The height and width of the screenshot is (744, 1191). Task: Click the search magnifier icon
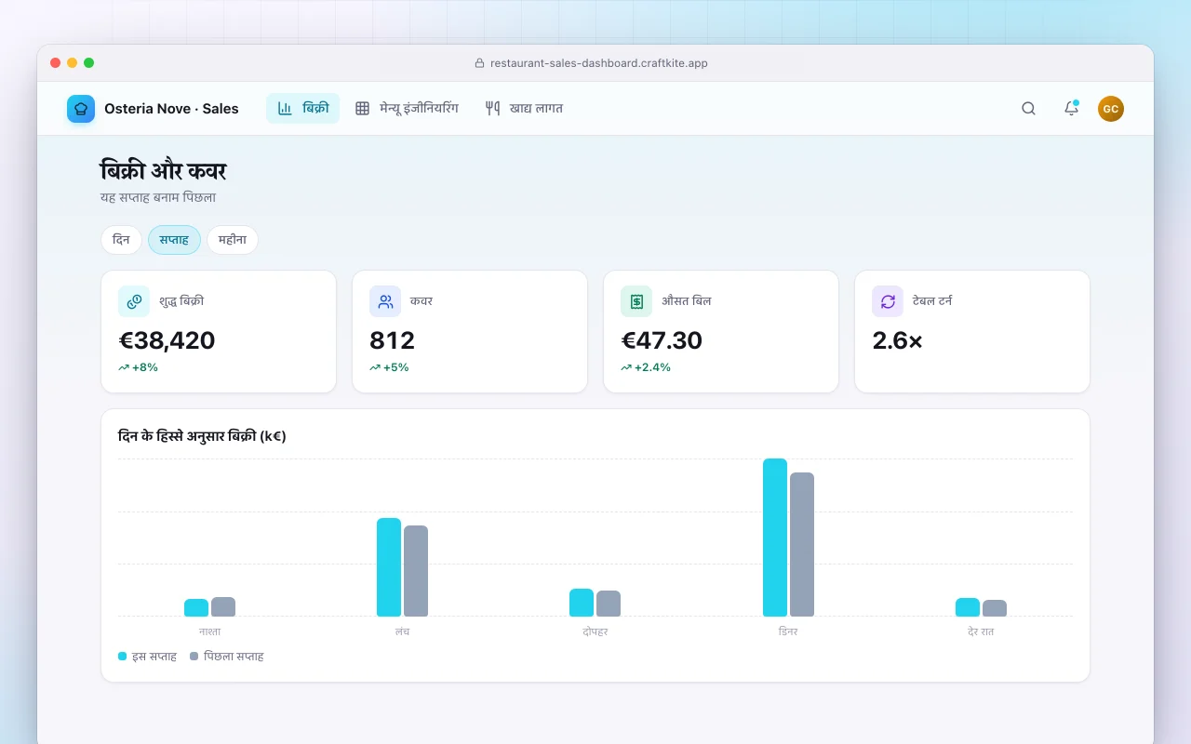click(1028, 109)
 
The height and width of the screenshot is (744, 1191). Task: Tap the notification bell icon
click(1071, 108)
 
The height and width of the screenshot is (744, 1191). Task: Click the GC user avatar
click(1111, 109)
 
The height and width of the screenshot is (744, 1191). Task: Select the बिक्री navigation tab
click(302, 109)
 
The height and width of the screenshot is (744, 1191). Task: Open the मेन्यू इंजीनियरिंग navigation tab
click(407, 109)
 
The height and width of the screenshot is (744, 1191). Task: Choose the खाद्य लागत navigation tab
click(524, 109)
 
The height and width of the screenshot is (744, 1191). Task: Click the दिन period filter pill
click(121, 240)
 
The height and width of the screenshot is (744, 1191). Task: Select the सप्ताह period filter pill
click(174, 240)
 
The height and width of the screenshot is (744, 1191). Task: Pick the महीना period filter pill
click(233, 240)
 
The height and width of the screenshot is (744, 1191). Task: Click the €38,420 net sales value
click(167, 340)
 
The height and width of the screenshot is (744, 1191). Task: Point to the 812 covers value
click(392, 340)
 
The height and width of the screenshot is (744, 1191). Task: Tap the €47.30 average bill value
click(662, 340)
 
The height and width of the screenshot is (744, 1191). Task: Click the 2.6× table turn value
click(897, 340)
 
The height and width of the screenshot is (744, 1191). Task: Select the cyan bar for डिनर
click(775, 538)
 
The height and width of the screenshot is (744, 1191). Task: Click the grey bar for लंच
click(416, 571)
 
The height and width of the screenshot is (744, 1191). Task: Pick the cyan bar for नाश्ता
click(196, 607)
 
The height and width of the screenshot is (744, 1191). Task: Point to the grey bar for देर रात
click(995, 608)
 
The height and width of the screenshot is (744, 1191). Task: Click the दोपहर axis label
click(595, 631)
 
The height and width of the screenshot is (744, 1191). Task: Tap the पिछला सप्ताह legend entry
click(227, 657)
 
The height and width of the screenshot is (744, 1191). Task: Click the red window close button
click(55, 62)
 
